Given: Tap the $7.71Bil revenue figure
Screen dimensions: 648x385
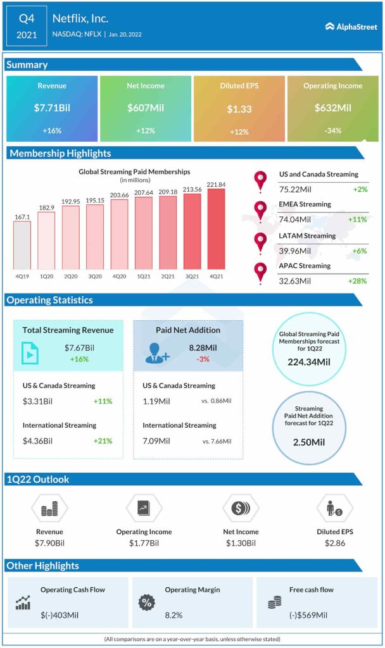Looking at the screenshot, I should point(52,108).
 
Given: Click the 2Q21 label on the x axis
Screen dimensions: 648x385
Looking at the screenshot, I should point(168,275).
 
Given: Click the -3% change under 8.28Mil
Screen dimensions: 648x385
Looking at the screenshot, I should point(203,359).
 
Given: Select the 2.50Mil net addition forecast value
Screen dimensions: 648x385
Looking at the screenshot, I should point(308,442).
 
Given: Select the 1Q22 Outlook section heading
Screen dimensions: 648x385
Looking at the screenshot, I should point(38,480).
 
